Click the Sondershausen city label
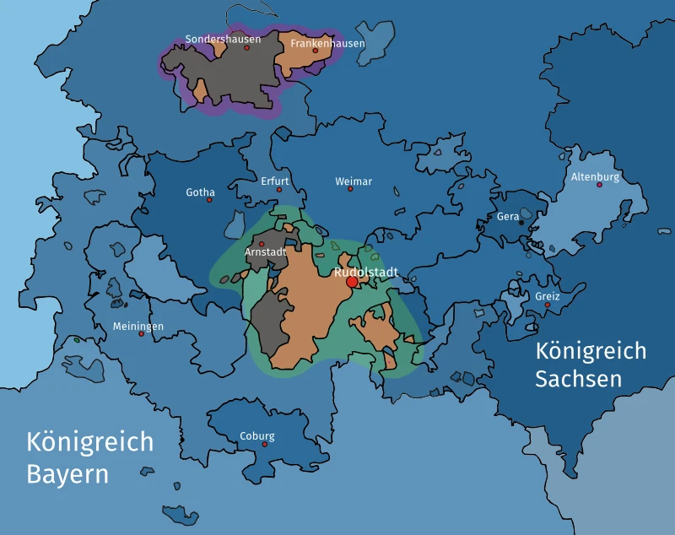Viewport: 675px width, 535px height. coord(223,39)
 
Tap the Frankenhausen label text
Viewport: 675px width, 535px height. coord(327,43)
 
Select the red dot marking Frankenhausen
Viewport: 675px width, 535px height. coord(316,51)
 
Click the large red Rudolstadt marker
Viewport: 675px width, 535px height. coord(352,282)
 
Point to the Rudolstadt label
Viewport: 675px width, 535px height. coord(366,273)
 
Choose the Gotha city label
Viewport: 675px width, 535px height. coord(200,192)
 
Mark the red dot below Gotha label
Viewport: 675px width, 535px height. coord(209,200)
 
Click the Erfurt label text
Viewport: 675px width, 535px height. coord(274,181)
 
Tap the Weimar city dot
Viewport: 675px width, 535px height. coord(350,189)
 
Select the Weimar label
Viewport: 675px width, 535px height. coord(353,181)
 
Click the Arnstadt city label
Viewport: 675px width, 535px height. coord(265,252)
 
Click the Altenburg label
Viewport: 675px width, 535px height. coord(595,177)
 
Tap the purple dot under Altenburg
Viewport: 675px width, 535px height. coord(600,185)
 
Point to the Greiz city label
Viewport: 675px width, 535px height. coord(547,296)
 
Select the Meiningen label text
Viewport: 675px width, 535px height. coord(138,327)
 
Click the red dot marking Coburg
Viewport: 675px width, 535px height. coord(265,444)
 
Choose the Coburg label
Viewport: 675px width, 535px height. coord(257,436)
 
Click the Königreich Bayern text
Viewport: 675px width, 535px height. coord(89,457)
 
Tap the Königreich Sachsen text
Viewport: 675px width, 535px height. coord(591,365)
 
